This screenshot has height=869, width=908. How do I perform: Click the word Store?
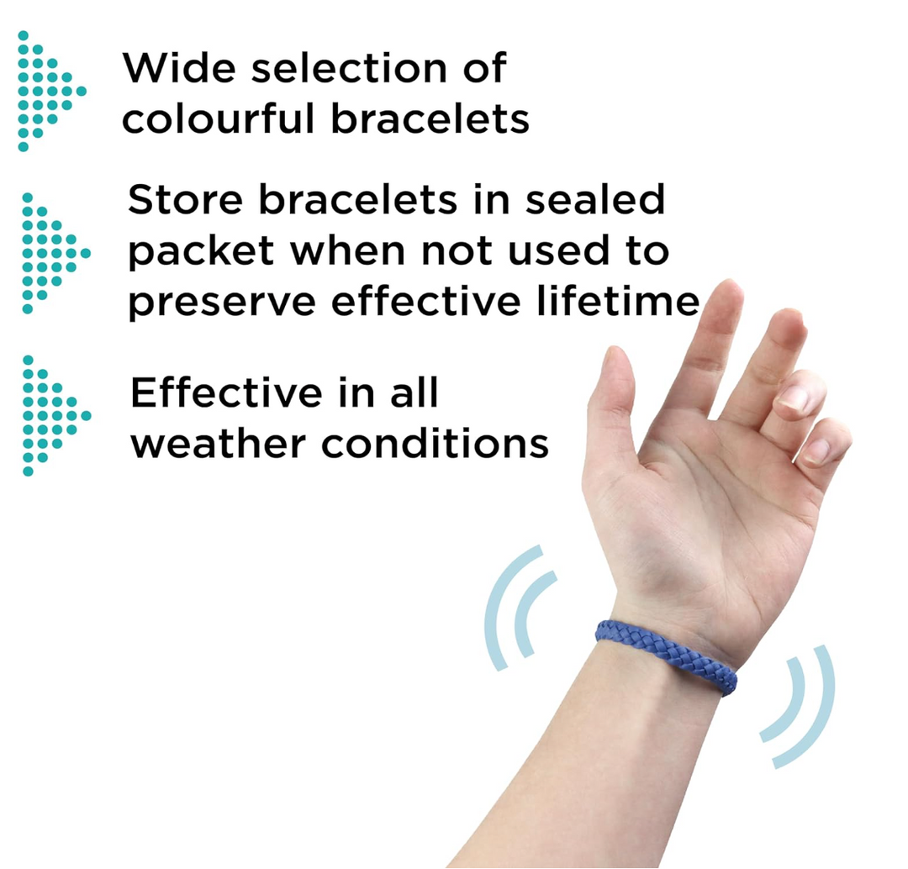click(x=185, y=200)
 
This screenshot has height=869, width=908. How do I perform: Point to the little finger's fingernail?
click(x=818, y=453)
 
